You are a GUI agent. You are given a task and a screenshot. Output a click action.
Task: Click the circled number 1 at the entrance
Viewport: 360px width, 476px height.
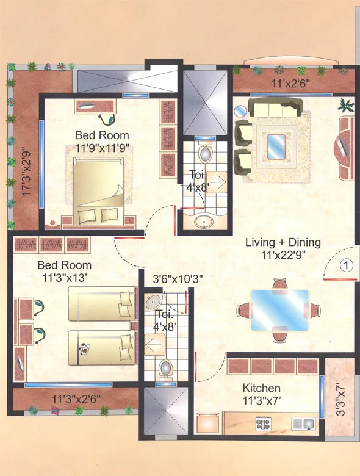point(346,265)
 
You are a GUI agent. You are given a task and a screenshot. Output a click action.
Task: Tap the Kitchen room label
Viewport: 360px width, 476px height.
point(262,388)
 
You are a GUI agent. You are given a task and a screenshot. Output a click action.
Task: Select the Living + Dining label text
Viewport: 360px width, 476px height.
point(283,242)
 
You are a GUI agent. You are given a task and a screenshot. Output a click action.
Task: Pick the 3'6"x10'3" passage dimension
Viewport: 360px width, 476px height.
point(178,280)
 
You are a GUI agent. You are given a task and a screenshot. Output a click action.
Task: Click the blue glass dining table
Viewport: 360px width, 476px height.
point(280,309)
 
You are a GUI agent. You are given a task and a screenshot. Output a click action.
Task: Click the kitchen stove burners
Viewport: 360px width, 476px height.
point(264,422)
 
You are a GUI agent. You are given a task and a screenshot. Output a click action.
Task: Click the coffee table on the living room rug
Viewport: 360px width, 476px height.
point(277,144)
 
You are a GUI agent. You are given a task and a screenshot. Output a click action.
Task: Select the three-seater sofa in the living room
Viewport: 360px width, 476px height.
point(276,109)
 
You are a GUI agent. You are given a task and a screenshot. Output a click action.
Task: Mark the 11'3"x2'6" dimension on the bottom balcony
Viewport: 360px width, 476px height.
point(74,399)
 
